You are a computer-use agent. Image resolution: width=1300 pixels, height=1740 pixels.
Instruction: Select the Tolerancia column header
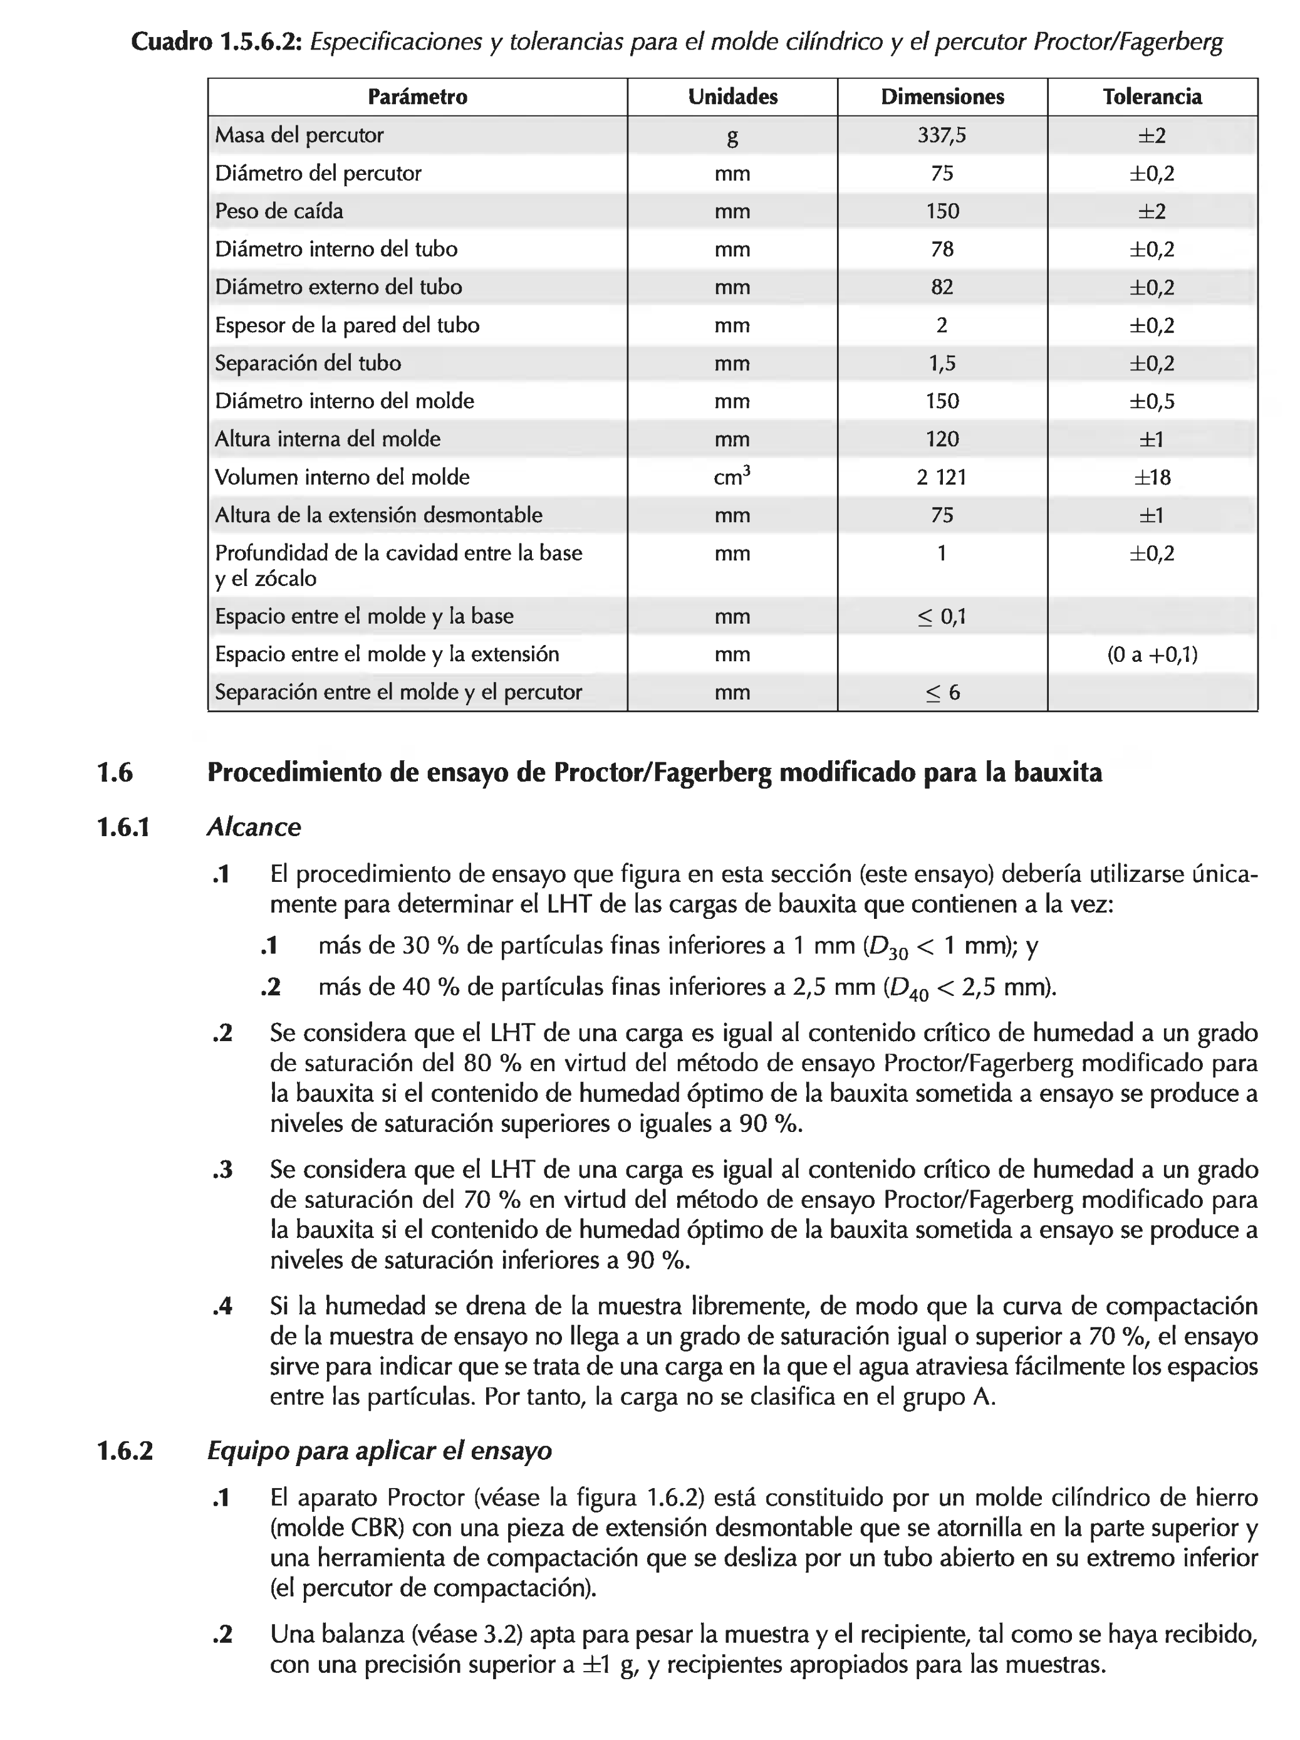(1152, 97)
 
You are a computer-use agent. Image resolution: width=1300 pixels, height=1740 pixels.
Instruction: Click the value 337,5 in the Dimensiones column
(942, 135)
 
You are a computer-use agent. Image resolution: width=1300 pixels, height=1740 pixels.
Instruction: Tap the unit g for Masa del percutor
(732, 137)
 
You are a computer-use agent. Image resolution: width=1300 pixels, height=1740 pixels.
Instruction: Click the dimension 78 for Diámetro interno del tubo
(942, 249)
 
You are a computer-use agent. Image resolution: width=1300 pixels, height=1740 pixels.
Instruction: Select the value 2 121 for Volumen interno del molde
(942, 478)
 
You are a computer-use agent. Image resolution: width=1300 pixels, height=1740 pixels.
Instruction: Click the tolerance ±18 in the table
(1152, 478)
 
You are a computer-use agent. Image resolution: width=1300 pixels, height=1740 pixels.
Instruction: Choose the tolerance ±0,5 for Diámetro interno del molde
(1152, 401)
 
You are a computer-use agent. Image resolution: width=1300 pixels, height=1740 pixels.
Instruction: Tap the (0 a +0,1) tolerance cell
(1152, 654)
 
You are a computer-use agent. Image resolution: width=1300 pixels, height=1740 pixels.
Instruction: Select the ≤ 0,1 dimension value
(942, 617)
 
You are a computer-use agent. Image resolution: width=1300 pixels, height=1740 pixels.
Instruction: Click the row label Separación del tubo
(308, 364)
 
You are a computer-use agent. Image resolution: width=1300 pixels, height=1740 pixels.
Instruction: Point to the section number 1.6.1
(123, 827)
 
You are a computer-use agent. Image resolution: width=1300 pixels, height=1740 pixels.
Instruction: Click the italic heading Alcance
(253, 827)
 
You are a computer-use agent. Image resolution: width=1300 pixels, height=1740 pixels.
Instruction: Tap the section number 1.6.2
(124, 1450)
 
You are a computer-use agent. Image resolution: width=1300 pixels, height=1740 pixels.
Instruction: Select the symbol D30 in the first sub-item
(887, 947)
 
